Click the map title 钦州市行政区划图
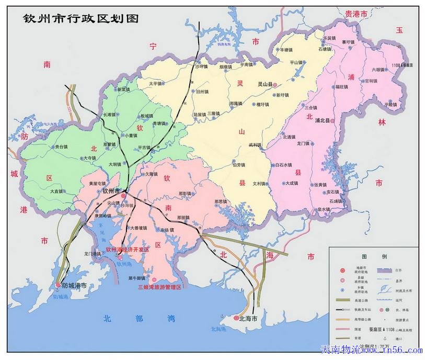[81, 18]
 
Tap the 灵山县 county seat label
[266, 83]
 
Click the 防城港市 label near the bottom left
[74, 286]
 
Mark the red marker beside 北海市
[236, 318]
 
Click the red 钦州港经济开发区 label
[128, 250]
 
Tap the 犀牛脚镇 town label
[138, 278]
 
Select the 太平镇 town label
[156, 83]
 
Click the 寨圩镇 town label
[348, 42]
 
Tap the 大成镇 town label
[292, 183]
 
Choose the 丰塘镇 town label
[288, 50]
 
